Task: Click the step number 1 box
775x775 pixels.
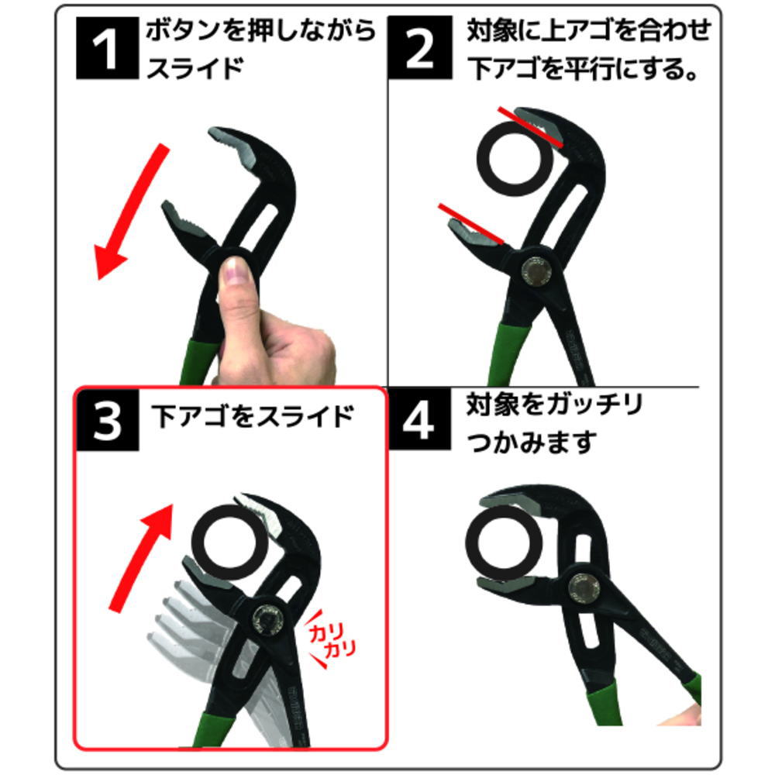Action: click(107, 48)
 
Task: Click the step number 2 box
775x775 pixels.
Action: click(419, 47)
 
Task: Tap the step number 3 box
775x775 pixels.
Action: click(107, 419)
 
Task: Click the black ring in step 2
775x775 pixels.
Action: click(515, 159)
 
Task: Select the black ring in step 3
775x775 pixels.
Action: click(229, 542)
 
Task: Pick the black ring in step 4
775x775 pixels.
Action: click(505, 542)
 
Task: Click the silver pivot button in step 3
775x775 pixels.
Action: click(269, 620)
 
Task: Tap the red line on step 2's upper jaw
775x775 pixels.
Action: click(530, 127)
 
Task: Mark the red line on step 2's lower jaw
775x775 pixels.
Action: click(470, 224)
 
